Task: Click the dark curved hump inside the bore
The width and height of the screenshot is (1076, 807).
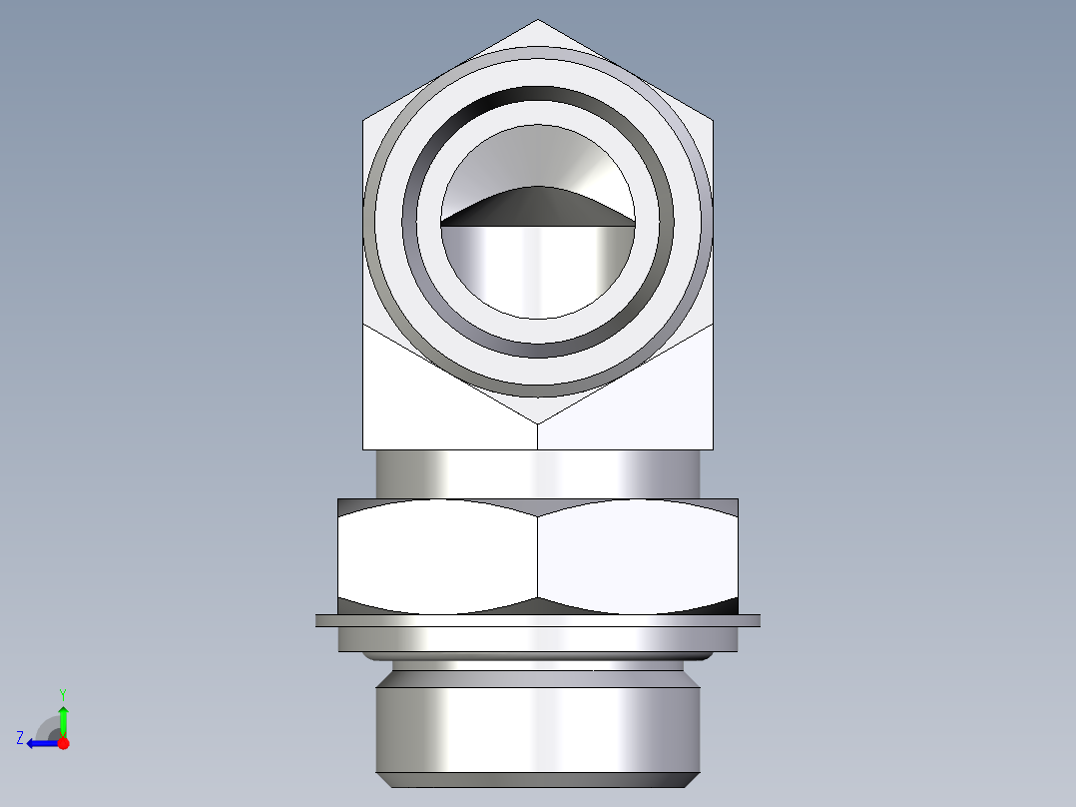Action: click(x=538, y=205)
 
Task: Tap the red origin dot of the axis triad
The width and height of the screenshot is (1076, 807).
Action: click(x=62, y=743)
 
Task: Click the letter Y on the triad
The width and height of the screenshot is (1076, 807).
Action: click(x=63, y=693)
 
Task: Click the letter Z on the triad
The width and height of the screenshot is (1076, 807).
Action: click(x=20, y=738)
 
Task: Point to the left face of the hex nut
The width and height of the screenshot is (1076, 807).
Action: click(x=439, y=557)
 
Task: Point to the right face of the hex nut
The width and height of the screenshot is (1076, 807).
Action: click(x=639, y=557)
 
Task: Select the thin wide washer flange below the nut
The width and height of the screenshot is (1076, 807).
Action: click(x=538, y=620)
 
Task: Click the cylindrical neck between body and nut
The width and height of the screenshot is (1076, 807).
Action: click(x=538, y=473)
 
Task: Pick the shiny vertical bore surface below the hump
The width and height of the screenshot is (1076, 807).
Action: click(x=538, y=270)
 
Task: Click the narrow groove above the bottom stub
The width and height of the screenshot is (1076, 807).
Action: click(x=538, y=665)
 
